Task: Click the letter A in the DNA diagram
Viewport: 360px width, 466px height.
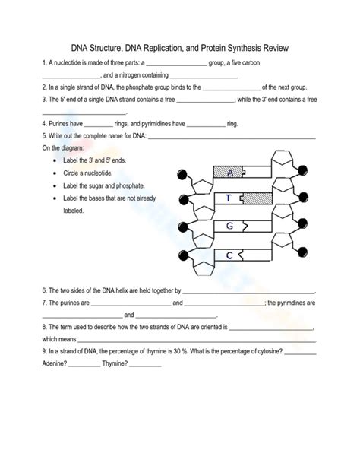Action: pyautogui.click(x=229, y=172)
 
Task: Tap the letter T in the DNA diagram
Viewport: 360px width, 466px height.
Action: pyautogui.click(x=228, y=198)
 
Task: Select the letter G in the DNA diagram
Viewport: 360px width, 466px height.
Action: pyautogui.click(x=229, y=226)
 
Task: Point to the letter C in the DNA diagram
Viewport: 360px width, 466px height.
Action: pyautogui.click(x=229, y=255)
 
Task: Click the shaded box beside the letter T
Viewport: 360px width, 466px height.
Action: pyautogui.click(x=257, y=198)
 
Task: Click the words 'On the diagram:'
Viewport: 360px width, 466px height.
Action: pyautogui.click(x=64, y=148)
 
